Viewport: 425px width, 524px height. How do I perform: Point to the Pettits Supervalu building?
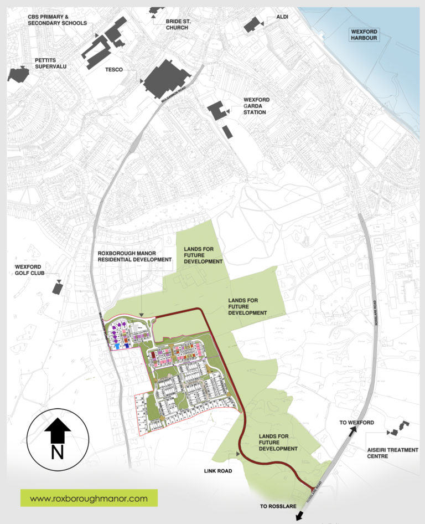click(18, 74)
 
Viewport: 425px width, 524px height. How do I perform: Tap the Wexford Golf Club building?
click(57, 287)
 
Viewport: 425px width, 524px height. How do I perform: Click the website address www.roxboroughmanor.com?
click(89, 498)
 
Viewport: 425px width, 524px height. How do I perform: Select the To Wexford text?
click(357, 423)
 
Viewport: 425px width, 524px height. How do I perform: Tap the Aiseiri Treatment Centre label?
click(393, 453)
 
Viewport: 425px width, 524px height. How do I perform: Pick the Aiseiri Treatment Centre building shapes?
click(397, 429)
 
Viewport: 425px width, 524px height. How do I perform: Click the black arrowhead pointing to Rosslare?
click(299, 516)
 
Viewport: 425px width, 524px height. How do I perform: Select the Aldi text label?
click(283, 17)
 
